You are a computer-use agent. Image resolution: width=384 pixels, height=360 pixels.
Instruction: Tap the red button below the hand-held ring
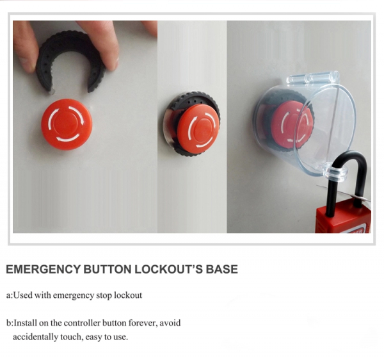[x=67, y=124]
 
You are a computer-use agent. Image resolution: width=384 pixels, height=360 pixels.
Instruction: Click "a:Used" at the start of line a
[x=20, y=295]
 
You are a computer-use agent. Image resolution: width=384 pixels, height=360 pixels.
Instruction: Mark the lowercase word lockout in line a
[x=127, y=295]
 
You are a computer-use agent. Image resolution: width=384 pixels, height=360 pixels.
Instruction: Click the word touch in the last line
[x=76, y=337]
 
